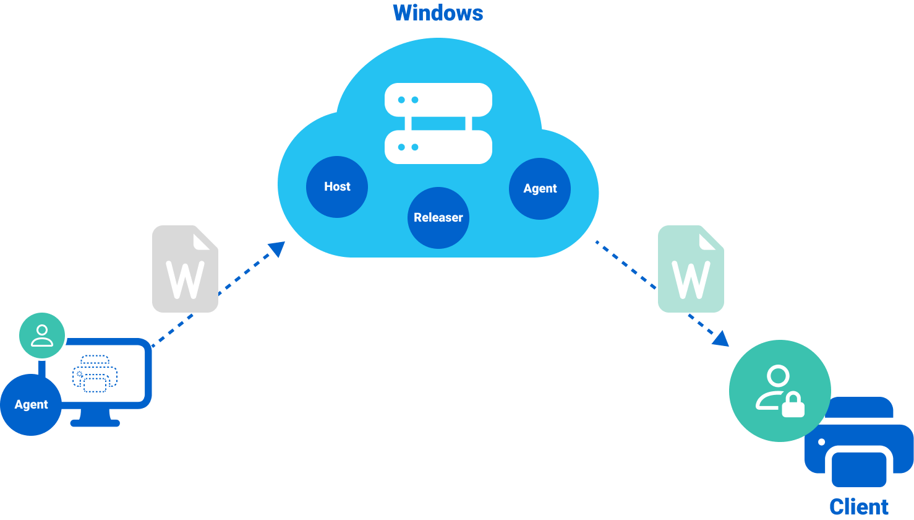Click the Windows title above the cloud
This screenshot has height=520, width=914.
tap(438, 13)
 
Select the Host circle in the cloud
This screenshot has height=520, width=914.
tap(337, 186)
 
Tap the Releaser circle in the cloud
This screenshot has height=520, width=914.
tap(438, 217)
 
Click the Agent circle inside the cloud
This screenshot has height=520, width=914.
tap(540, 188)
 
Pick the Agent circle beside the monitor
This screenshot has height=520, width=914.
tap(31, 404)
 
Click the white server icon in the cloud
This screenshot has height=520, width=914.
tap(438, 123)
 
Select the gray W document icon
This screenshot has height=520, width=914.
tap(185, 269)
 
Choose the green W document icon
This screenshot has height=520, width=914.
tap(691, 269)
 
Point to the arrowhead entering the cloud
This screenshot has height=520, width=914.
tap(276, 249)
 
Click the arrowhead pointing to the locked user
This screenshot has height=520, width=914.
tap(721, 339)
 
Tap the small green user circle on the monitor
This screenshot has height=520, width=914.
tap(41, 335)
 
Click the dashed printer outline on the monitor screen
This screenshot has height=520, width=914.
tap(95, 373)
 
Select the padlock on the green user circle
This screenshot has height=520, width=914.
tap(793, 405)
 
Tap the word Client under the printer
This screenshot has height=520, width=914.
tap(859, 507)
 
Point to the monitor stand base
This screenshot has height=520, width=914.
tap(95, 423)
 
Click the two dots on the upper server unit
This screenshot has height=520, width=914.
tap(408, 100)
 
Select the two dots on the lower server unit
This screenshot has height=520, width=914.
tap(408, 147)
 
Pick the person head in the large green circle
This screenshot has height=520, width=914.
tap(777, 376)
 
